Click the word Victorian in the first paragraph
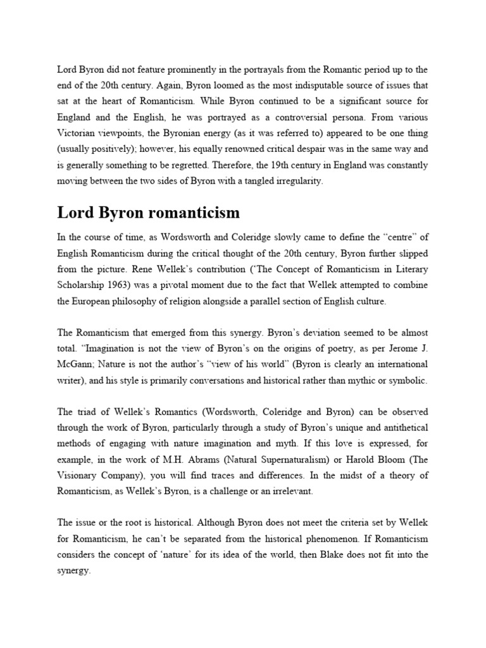(x=78, y=134)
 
